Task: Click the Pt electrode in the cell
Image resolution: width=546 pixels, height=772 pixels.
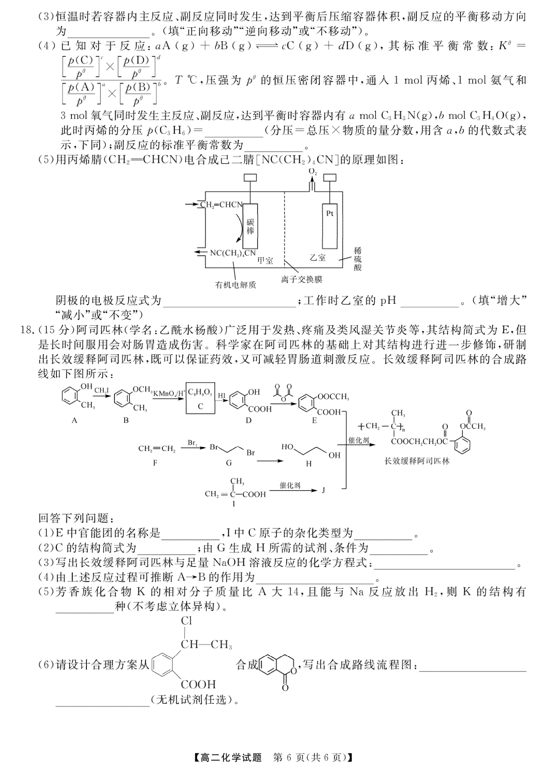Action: pos(330,226)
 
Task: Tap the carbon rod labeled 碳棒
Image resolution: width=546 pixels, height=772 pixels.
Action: pos(250,226)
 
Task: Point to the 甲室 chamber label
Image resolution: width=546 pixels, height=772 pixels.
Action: pos(265,261)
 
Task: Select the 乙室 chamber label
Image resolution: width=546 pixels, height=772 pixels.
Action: pos(318,257)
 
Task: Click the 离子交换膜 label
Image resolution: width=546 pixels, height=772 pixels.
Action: pos(302,279)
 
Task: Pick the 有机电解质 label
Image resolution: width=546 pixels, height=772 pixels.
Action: pos(236,285)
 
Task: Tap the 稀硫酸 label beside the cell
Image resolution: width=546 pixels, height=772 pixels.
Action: pos(358,259)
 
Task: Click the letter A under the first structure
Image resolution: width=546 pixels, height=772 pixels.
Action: pos(74,420)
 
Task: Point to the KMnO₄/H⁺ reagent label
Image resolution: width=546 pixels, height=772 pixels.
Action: pos(169,392)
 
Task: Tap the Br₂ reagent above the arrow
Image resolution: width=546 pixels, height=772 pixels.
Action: pos(192,442)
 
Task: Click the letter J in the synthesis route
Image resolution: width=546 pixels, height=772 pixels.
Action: pos(323,490)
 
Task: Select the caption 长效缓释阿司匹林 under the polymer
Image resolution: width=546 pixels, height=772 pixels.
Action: pos(417,461)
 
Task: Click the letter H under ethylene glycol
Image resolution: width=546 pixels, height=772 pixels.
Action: pos(308,464)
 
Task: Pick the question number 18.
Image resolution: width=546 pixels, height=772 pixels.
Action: pos(27,330)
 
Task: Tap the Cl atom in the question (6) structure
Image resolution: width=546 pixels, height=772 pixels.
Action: pos(186,621)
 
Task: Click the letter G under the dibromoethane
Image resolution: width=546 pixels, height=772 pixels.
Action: pos(229,463)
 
